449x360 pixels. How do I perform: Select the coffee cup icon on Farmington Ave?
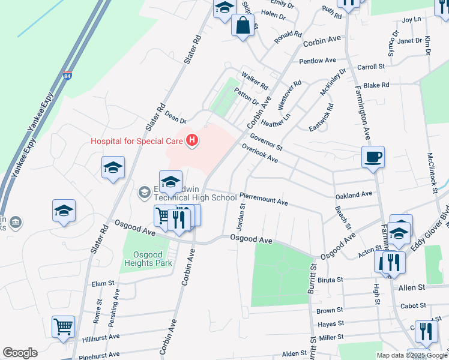373,157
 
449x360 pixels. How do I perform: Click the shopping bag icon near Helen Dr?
243,26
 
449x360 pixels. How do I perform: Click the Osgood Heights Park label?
148,258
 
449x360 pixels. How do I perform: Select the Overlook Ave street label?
260,153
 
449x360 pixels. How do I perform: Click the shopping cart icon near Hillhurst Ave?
63,326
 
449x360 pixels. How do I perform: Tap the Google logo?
20,353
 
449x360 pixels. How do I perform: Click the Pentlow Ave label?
318,61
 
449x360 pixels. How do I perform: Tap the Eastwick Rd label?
321,117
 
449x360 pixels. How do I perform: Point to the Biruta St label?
330,280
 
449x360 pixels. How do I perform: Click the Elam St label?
103,283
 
